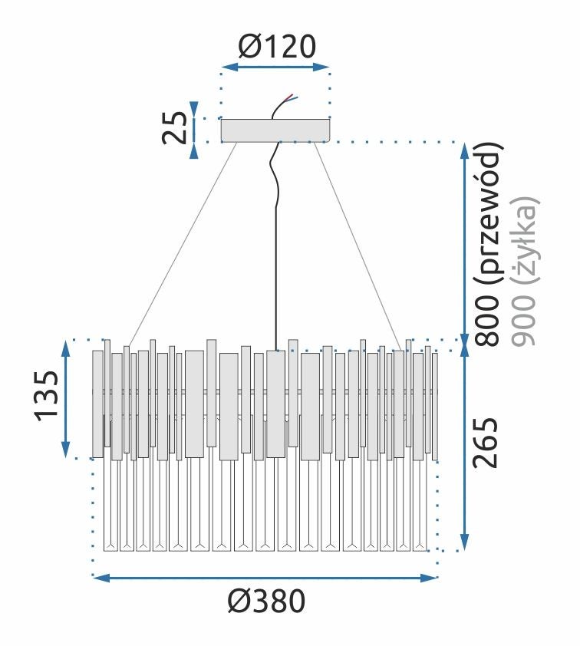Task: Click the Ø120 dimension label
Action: click(x=275, y=48)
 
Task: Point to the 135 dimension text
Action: click(x=47, y=395)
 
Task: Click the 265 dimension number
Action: click(x=486, y=443)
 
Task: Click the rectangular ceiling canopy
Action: click(x=275, y=130)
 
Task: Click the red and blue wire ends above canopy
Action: click(x=290, y=98)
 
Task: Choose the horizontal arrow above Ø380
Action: click(x=265, y=577)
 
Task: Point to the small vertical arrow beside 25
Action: click(x=195, y=129)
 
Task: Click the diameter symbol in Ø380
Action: click(x=239, y=602)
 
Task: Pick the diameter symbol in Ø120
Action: click(x=249, y=48)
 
